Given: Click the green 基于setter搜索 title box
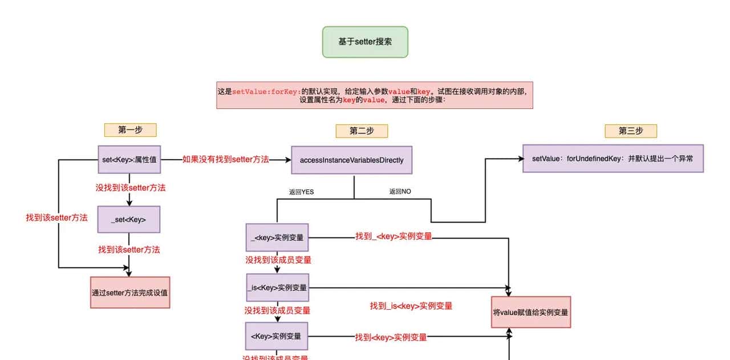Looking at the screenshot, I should click(x=365, y=42).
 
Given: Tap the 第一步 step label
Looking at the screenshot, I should click(x=130, y=130).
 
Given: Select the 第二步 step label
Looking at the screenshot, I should click(x=362, y=131).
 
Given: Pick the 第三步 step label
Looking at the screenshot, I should click(x=631, y=131).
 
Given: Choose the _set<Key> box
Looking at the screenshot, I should click(x=129, y=219).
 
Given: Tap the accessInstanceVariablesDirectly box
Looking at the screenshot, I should click(x=351, y=160).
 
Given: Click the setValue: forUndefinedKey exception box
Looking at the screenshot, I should click(x=613, y=159).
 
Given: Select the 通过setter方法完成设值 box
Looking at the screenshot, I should click(x=130, y=293).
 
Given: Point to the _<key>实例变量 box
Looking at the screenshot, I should click(x=277, y=237).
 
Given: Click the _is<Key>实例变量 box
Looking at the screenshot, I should click(x=277, y=288).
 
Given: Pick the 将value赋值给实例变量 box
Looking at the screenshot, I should click(x=530, y=312).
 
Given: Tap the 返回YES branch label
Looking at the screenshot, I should click(x=301, y=192).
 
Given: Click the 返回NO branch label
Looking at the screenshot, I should click(x=400, y=192).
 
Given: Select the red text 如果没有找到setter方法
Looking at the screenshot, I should click(x=225, y=160).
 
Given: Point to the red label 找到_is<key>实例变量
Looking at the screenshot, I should click(x=411, y=306).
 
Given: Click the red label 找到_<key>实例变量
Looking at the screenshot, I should click(x=394, y=236).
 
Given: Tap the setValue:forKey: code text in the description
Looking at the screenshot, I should click(x=266, y=91).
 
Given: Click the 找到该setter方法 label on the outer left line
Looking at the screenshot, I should click(x=56, y=217).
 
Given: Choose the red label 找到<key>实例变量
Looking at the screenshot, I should click(x=391, y=337).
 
